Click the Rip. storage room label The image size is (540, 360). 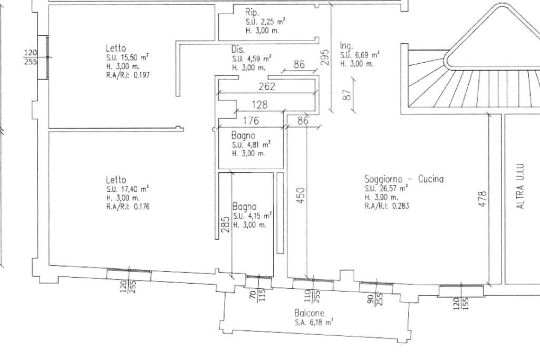click(x=252, y=13)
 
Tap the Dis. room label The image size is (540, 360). click(x=238, y=50)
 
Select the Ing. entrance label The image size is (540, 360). click(x=346, y=46)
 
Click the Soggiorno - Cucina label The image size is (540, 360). click(x=404, y=179)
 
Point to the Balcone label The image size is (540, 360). click(x=309, y=313)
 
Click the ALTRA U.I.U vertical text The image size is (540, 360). click(x=520, y=186)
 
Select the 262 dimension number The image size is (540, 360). click(x=267, y=86)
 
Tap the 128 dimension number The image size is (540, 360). click(x=259, y=104)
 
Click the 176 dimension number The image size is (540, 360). click(x=250, y=121)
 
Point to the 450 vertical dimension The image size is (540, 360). click(x=301, y=195)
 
